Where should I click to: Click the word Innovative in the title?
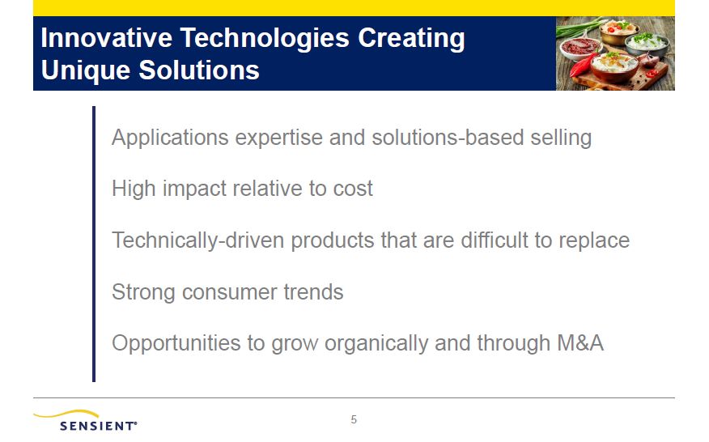point(106,37)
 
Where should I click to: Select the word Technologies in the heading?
point(265,39)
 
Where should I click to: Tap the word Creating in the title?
point(411,39)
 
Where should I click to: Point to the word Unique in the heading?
point(86,71)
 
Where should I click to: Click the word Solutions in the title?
point(199,70)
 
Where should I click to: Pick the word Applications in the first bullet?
point(170,138)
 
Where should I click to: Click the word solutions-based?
point(448,137)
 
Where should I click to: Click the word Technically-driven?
point(198,240)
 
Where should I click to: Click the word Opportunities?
point(176,343)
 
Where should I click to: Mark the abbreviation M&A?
point(580,343)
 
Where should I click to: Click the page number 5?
point(354,420)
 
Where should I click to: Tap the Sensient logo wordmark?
point(98,426)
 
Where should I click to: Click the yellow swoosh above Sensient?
point(66,414)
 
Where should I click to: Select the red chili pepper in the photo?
point(580,66)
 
